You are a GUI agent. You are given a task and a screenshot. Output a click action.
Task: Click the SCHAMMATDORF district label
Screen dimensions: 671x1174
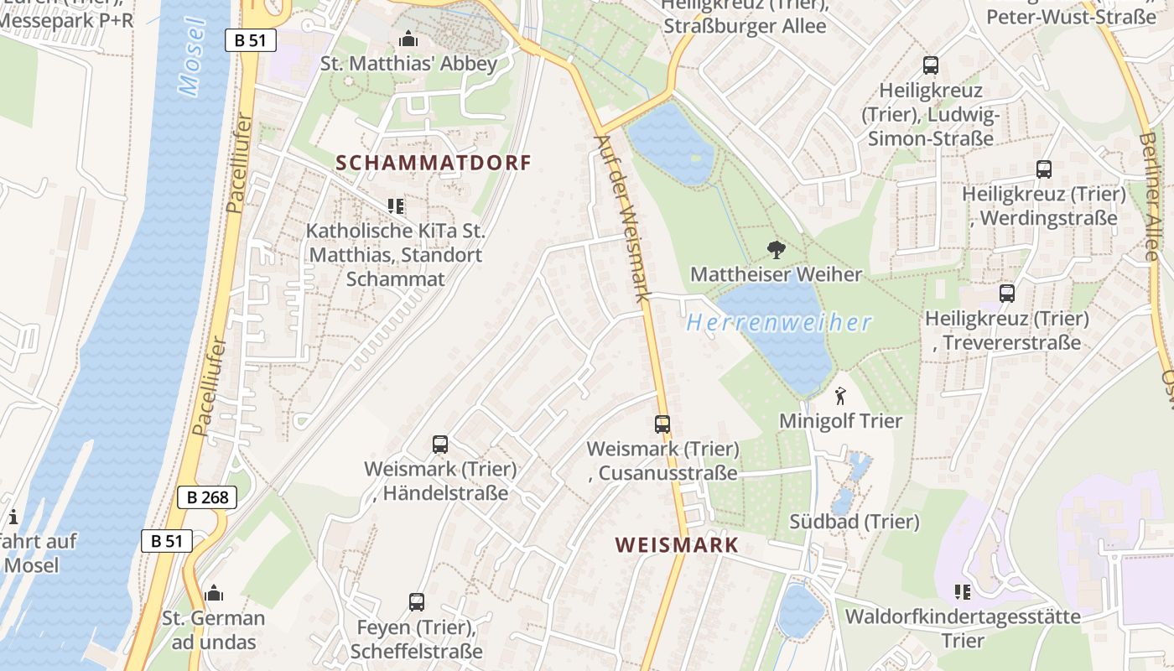[x=434, y=163]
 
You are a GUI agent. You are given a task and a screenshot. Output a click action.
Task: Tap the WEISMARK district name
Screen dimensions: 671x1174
[x=677, y=545]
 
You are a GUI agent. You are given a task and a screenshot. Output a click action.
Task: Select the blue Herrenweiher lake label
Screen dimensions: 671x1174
[x=779, y=322]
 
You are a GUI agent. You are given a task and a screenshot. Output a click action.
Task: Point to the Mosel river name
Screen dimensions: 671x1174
[x=192, y=56]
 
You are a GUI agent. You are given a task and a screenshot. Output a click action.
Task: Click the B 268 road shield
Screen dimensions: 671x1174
[x=207, y=497]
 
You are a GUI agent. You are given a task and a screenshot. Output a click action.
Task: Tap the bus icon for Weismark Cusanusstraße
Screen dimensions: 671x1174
[x=662, y=424]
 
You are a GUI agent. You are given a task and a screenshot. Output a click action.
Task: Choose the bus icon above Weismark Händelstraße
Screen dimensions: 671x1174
[x=440, y=445]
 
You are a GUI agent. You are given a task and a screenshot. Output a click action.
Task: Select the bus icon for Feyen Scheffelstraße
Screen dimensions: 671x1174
[x=417, y=601]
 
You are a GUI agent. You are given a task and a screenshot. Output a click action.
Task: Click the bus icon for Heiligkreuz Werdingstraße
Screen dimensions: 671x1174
[x=1044, y=169]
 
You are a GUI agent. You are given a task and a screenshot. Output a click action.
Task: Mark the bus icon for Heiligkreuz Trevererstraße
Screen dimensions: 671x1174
[x=1007, y=294]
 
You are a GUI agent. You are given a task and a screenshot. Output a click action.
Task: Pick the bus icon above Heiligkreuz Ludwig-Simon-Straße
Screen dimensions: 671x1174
[x=931, y=65]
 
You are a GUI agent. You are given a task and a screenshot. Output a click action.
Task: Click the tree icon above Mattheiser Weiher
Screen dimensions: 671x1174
[x=777, y=249]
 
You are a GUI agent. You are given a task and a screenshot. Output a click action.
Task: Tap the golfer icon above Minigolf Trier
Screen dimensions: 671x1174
[x=840, y=396]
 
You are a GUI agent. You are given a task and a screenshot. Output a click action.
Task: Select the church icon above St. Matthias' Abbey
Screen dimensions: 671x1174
[x=408, y=39]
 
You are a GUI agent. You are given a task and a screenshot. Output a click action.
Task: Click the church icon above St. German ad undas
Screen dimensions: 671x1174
[x=214, y=593]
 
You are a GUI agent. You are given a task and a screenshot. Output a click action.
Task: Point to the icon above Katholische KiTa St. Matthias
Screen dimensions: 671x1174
[x=396, y=205]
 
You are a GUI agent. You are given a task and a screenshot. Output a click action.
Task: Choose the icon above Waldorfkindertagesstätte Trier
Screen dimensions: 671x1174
[x=963, y=592]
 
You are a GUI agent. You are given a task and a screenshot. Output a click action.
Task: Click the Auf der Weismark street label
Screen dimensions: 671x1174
[x=622, y=218]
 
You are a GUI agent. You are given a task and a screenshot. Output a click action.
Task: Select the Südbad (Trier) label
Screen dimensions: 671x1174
[x=855, y=522]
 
